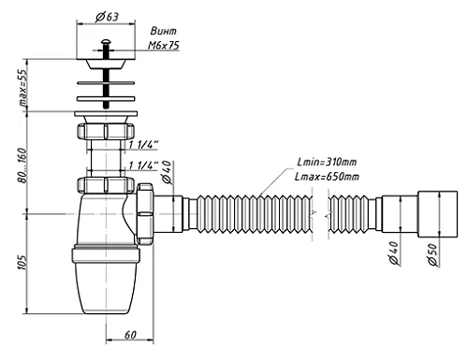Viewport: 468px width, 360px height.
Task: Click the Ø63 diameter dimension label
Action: [107, 17]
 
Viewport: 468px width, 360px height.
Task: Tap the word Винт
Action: [164, 31]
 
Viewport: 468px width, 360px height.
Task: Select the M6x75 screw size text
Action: [164, 46]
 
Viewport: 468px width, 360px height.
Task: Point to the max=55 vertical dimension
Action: [22, 88]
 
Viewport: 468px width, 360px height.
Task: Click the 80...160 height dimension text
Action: [22, 166]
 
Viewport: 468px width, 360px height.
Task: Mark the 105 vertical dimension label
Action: [22, 262]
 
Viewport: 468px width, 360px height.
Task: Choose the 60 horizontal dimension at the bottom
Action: [130, 335]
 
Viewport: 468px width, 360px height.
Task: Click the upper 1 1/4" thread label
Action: [144, 145]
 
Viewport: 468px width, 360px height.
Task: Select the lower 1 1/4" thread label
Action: [144, 166]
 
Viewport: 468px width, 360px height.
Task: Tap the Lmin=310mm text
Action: [327, 162]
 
